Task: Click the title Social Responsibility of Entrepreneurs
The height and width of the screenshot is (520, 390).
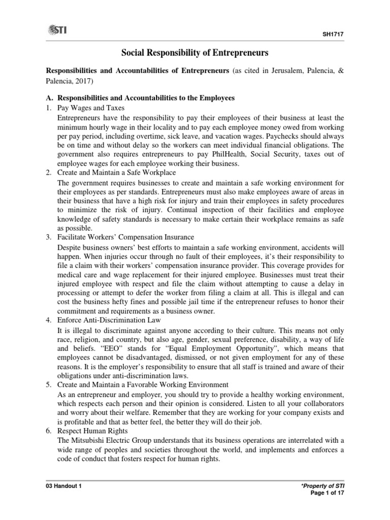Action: [194, 52]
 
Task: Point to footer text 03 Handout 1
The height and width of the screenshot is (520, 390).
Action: [63, 486]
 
